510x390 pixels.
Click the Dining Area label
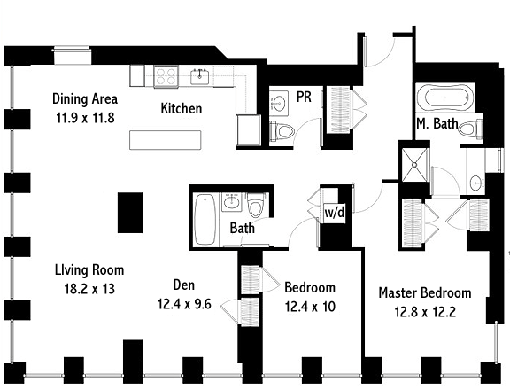[85, 98]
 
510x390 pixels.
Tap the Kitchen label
[182, 108]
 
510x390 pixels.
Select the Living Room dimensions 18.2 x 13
[89, 289]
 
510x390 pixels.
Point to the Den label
[184, 285]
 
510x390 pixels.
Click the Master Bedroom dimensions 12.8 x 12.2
[425, 312]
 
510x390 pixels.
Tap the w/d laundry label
[334, 213]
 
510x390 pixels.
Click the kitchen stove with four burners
[166, 76]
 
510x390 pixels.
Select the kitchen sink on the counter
[200, 76]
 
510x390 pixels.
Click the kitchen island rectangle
[166, 140]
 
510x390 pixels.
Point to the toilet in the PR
[282, 131]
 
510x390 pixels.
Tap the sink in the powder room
[279, 103]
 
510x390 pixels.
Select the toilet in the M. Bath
[470, 128]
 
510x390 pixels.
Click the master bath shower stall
[414, 165]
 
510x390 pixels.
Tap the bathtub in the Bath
[205, 219]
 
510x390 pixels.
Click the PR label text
[304, 97]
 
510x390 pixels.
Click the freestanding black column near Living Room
[130, 213]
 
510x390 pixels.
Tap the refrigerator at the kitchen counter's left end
[137, 76]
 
